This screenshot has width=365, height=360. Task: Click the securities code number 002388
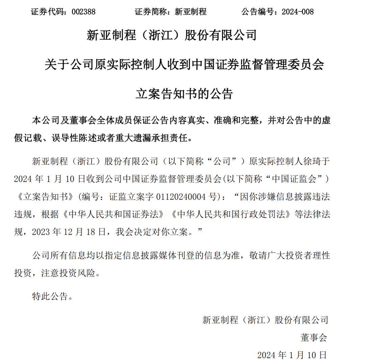click(x=84, y=12)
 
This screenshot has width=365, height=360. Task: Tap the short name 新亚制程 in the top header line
click(x=191, y=12)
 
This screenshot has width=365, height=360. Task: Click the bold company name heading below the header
click(x=172, y=35)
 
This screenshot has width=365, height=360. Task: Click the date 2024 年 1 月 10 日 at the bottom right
click(x=292, y=355)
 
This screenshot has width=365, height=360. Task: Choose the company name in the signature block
click(x=265, y=319)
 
